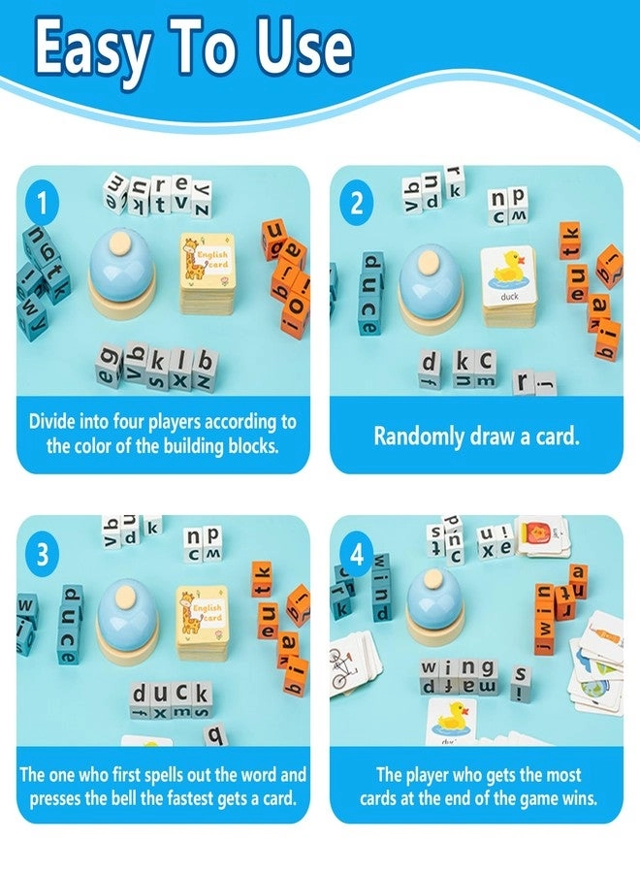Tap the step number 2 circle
pyautogui.click(x=356, y=204)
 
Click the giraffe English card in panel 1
pyautogui.click(x=206, y=265)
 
